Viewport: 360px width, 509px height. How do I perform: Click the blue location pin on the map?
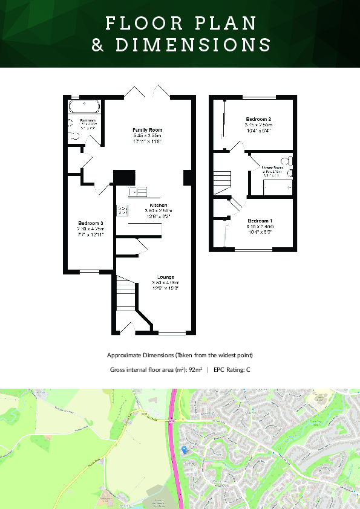point(184,449)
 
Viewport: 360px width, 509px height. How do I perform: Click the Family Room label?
point(148,130)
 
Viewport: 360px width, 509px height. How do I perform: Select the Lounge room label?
point(165,277)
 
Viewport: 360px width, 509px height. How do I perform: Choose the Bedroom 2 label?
point(258,119)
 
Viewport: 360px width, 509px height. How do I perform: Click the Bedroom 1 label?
point(260,221)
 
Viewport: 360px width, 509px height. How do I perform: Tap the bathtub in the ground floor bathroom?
point(84,107)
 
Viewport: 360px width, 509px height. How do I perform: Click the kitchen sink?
point(138,192)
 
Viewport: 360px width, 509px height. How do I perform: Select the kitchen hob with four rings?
point(122,210)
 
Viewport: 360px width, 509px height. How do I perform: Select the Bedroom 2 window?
point(260,97)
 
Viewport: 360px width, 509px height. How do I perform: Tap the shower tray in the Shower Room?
point(277,188)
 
